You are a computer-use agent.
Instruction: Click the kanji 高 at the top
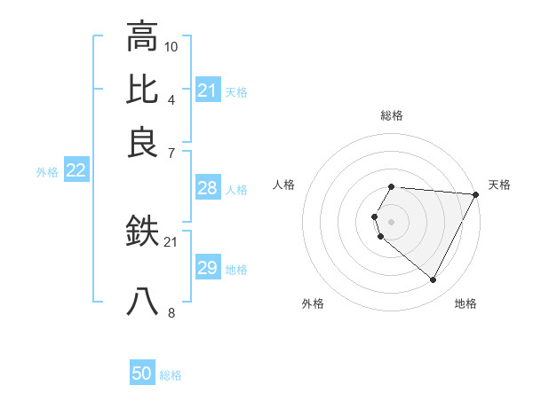pyautogui.click(x=142, y=36)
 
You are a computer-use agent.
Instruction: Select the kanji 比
pyautogui.click(x=142, y=90)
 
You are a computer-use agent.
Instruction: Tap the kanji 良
pyautogui.click(x=142, y=143)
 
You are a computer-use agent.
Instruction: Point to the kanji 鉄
pyautogui.click(x=142, y=233)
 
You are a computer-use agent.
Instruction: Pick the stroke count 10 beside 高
pyautogui.click(x=171, y=45)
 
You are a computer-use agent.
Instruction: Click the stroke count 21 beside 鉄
pyautogui.click(x=171, y=242)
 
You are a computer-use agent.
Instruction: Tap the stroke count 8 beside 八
pyautogui.click(x=171, y=312)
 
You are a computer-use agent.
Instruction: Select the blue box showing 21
pyautogui.click(x=207, y=90)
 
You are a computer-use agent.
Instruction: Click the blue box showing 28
pyautogui.click(x=207, y=188)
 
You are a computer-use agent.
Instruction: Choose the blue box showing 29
pyautogui.click(x=207, y=268)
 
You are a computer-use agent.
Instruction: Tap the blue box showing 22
pyautogui.click(x=76, y=171)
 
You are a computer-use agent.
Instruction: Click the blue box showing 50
pyautogui.click(x=142, y=374)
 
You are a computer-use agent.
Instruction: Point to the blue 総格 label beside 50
pyautogui.click(x=171, y=375)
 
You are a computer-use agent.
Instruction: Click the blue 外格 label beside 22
pyautogui.click(x=46, y=172)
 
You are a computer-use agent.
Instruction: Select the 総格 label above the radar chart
pyautogui.click(x=391, y=115)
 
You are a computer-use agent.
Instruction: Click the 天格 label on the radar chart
pyautogui.click(x=499, y=185)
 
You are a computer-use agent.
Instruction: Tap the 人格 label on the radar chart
pyautogui.click(x=283, y=185)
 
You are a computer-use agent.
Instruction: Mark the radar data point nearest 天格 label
pyautogui.click(x=475, y=194)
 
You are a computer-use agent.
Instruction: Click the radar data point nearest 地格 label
pyautogui.click(x=434, y=280)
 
